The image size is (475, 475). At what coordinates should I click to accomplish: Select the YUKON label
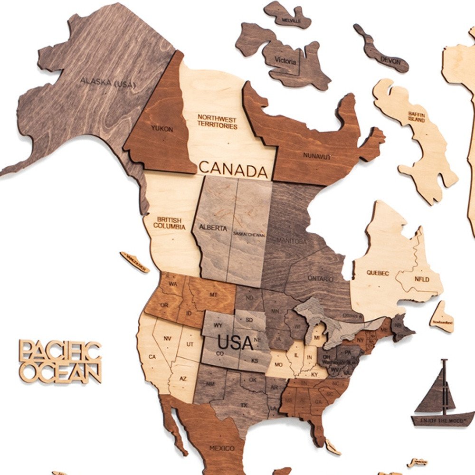[x=162, y=129]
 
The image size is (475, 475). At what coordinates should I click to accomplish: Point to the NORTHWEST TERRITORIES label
[x=217, y=122]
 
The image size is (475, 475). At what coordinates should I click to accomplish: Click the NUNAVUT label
[x=317, y=155]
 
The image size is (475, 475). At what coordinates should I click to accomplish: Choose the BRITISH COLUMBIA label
[x=169, y=223]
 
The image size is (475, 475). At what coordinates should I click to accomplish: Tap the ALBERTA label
[x=213, y=228]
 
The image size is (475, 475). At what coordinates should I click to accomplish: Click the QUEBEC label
[x=378, y=273]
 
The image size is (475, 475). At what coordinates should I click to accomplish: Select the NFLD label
[x=423, y=279]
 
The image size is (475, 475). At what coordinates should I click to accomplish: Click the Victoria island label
[x=285, y=61]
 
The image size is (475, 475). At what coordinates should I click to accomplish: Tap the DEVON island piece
[x=384, y=56]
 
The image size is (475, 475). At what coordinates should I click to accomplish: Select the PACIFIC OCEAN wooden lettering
[x=60, y=361]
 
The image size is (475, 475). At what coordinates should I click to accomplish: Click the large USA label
[x=235, y=342]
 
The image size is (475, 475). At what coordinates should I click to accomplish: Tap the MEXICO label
[x=222, y=448]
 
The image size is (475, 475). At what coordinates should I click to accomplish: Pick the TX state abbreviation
[x=244, y=405]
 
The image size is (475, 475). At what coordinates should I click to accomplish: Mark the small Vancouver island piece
[x=135, y=262]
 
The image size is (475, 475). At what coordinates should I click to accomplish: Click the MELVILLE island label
[x=291, y=21]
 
